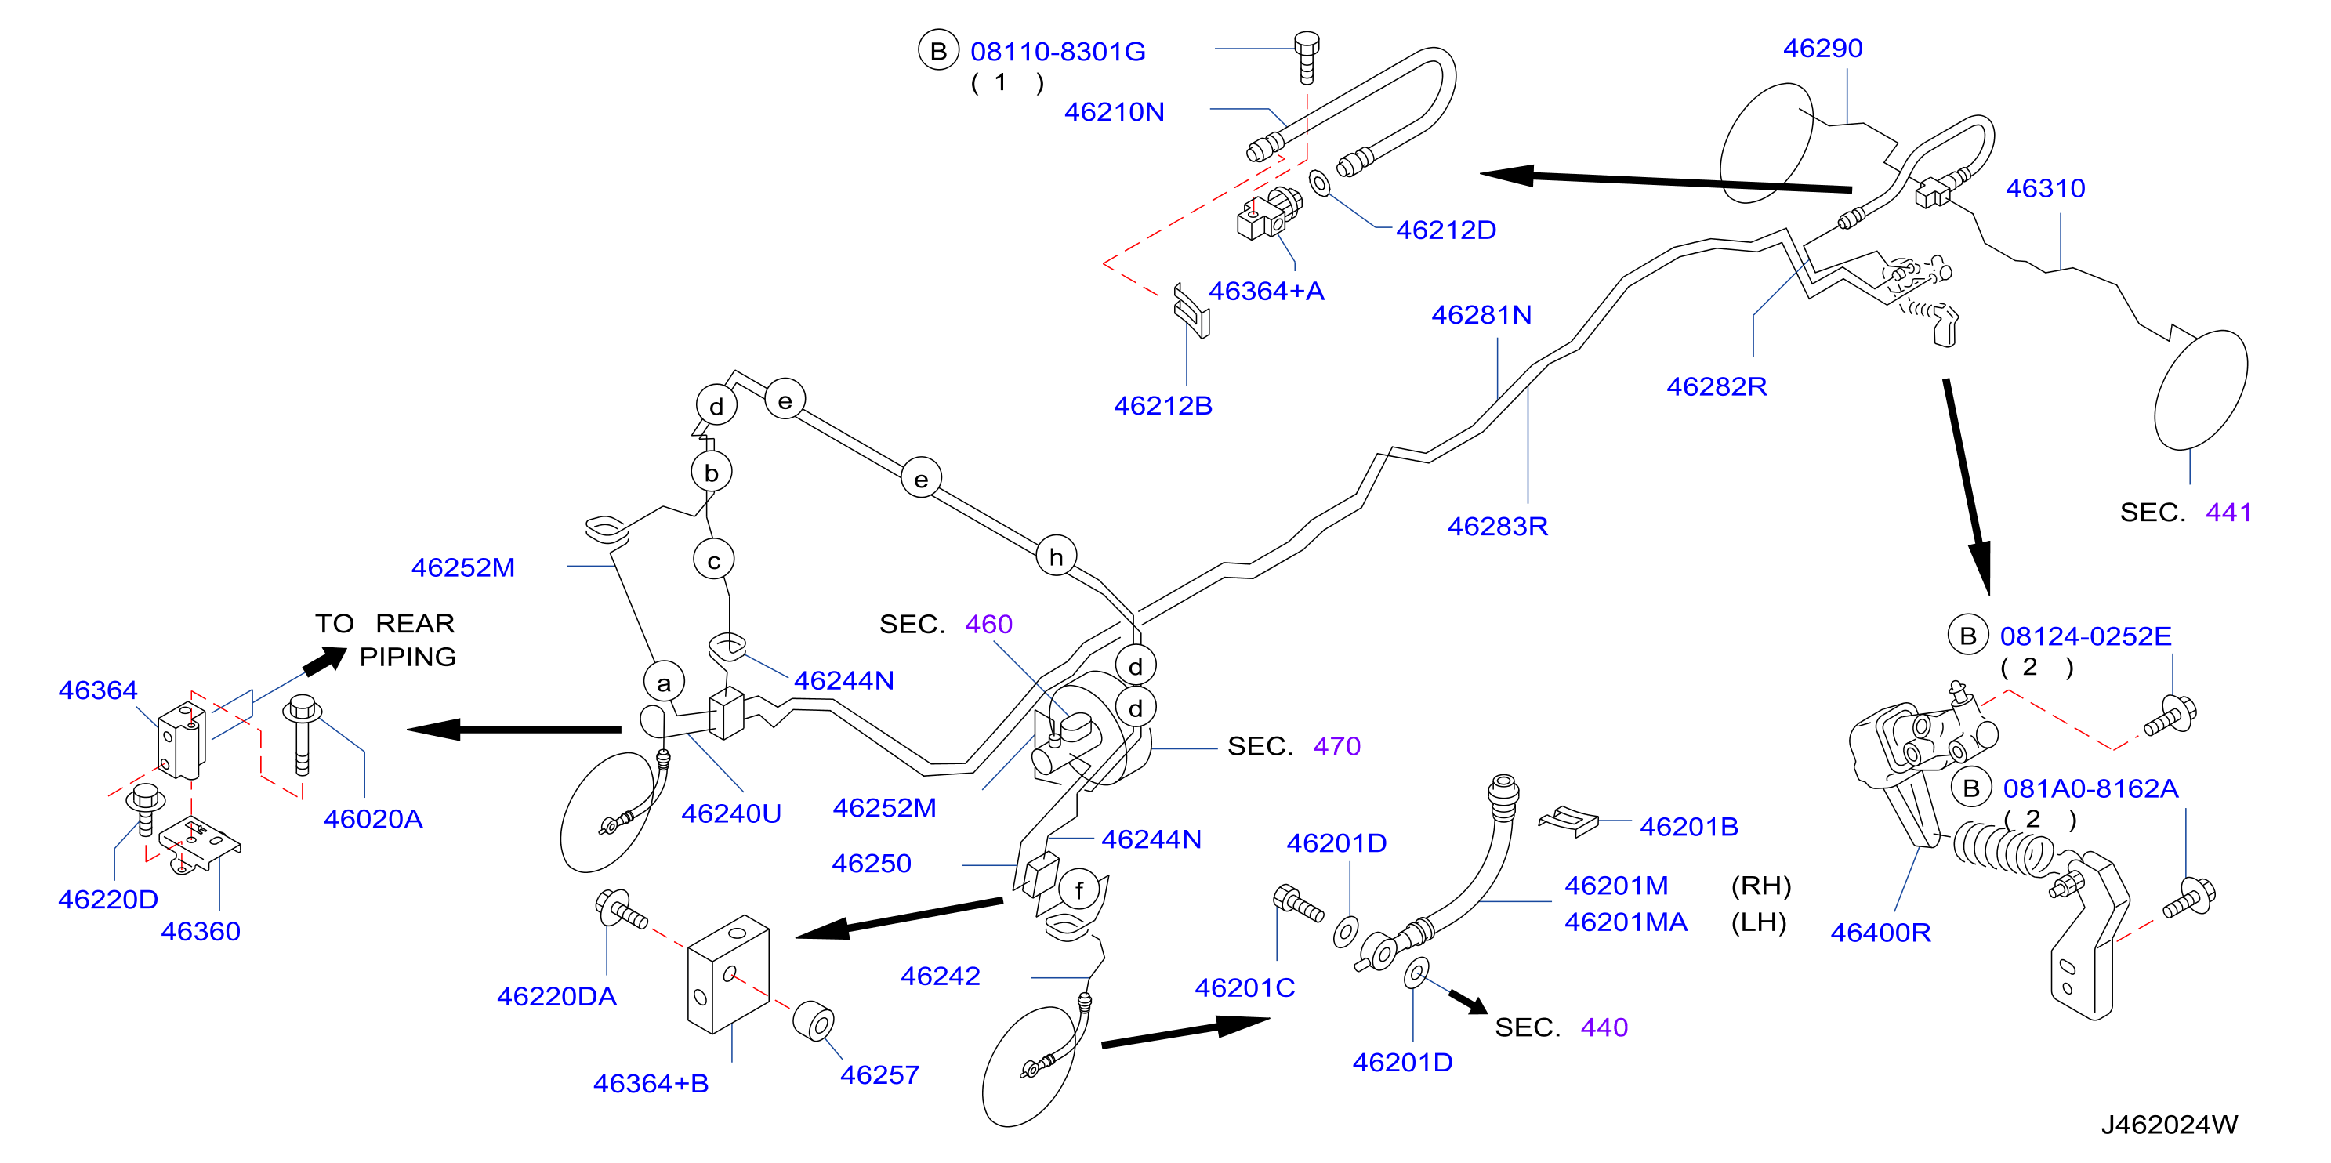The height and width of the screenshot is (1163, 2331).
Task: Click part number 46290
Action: (x=1822, y=48)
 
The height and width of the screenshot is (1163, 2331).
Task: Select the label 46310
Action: (x=2045, y=188)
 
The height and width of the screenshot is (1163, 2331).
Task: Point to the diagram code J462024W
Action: (x=2169, y=1124)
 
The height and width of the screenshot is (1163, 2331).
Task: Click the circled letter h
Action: (x=1056, y=556)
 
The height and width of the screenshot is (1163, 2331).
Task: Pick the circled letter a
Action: (x=664, y=683)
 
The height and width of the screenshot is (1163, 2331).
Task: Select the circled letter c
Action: (x=714, y=560)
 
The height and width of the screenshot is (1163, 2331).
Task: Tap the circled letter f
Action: (x=1078, y=890)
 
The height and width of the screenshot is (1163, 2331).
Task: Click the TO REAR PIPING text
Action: (x=386, y=639)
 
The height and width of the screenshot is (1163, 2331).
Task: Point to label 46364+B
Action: (x=651, y=1083)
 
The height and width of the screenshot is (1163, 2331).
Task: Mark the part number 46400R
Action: (x=1880, y=933)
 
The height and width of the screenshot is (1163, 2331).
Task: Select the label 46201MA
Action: (x=1626, y=922)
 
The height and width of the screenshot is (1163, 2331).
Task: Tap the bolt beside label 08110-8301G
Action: (x=1307, y=57)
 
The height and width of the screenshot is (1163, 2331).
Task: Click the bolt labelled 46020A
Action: (x=303, y=734)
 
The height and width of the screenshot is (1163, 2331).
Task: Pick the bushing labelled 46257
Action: (x=814, y=1021)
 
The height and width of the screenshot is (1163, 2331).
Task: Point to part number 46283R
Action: (x=1498, y=526)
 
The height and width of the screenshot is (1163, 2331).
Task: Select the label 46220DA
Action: (x=556, y=997)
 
